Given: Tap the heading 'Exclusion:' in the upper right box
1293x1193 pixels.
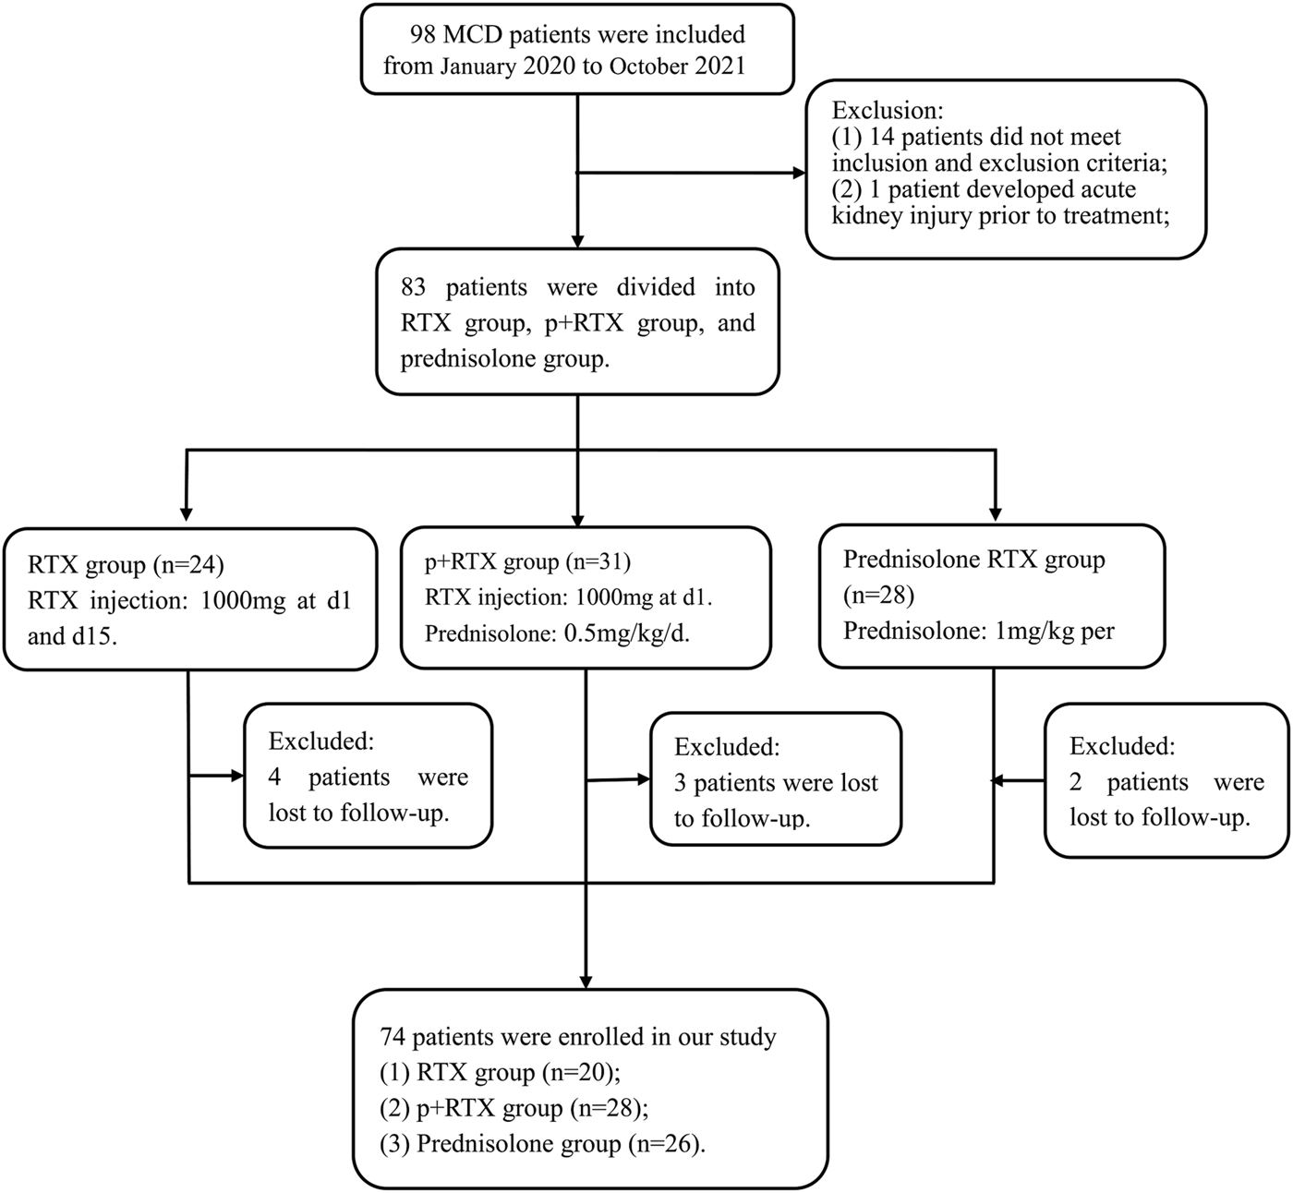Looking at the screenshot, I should tap(888, 110).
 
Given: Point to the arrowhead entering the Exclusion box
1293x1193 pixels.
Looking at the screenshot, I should tap(797, 173).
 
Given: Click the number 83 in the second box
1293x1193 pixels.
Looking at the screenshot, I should tap(414, 287).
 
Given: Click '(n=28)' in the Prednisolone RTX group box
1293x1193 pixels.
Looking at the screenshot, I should tap(878, 596).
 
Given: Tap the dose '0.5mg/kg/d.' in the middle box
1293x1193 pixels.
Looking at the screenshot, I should tap(627, 633).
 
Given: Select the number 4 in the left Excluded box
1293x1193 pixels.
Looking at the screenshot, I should tap(274, 777).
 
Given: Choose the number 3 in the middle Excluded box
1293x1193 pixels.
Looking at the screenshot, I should tap(680, 783).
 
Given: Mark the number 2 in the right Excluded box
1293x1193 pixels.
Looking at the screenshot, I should tap(1076, 782).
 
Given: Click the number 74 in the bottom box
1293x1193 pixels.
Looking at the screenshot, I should tap(393, 1037).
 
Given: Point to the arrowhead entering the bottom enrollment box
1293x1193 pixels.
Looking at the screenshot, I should tap(585, 980).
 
